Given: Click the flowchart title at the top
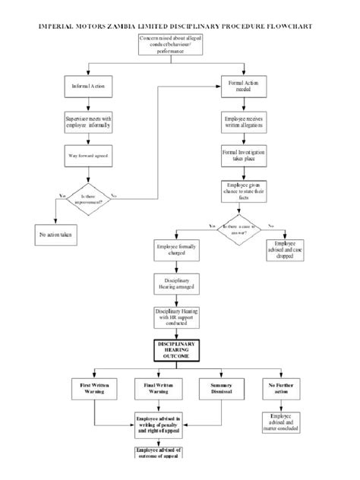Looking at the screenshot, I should [180, 25].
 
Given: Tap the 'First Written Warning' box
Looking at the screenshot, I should [95, 390].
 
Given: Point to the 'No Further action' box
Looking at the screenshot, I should [282, 390].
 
